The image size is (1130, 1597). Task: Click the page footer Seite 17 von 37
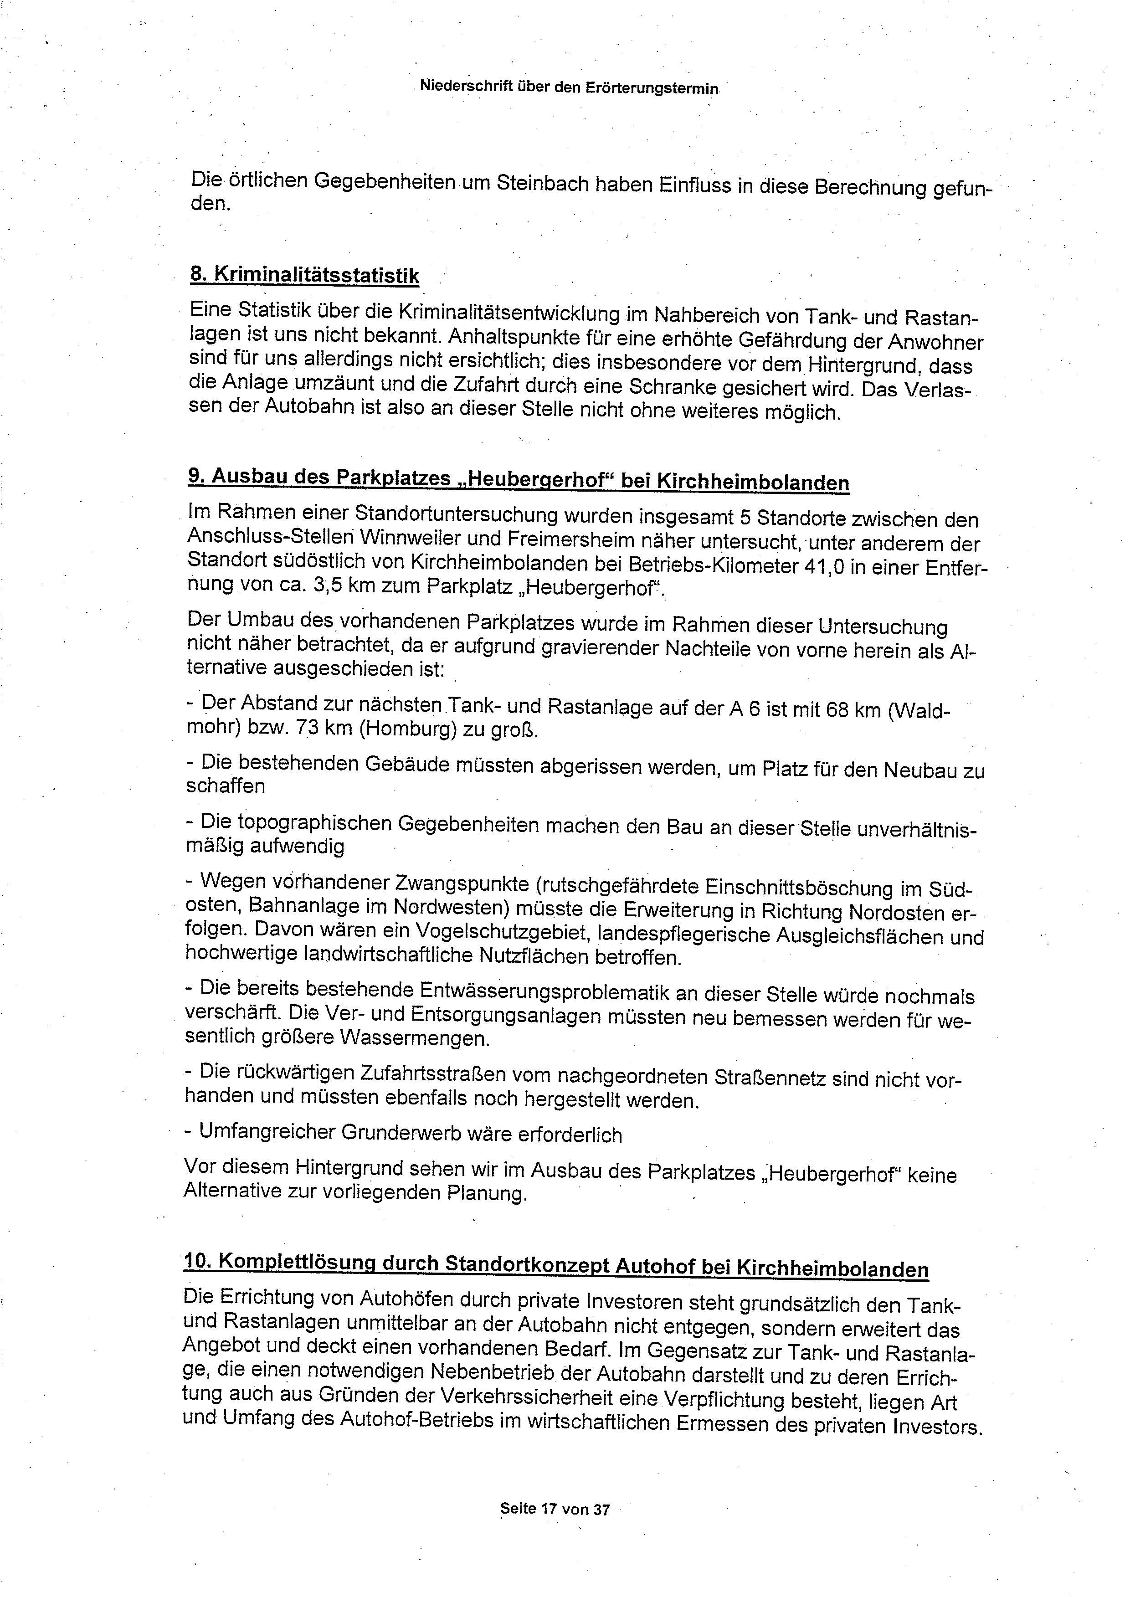tap(555, 1509)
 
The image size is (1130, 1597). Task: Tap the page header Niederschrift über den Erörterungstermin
tap(569, 87)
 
